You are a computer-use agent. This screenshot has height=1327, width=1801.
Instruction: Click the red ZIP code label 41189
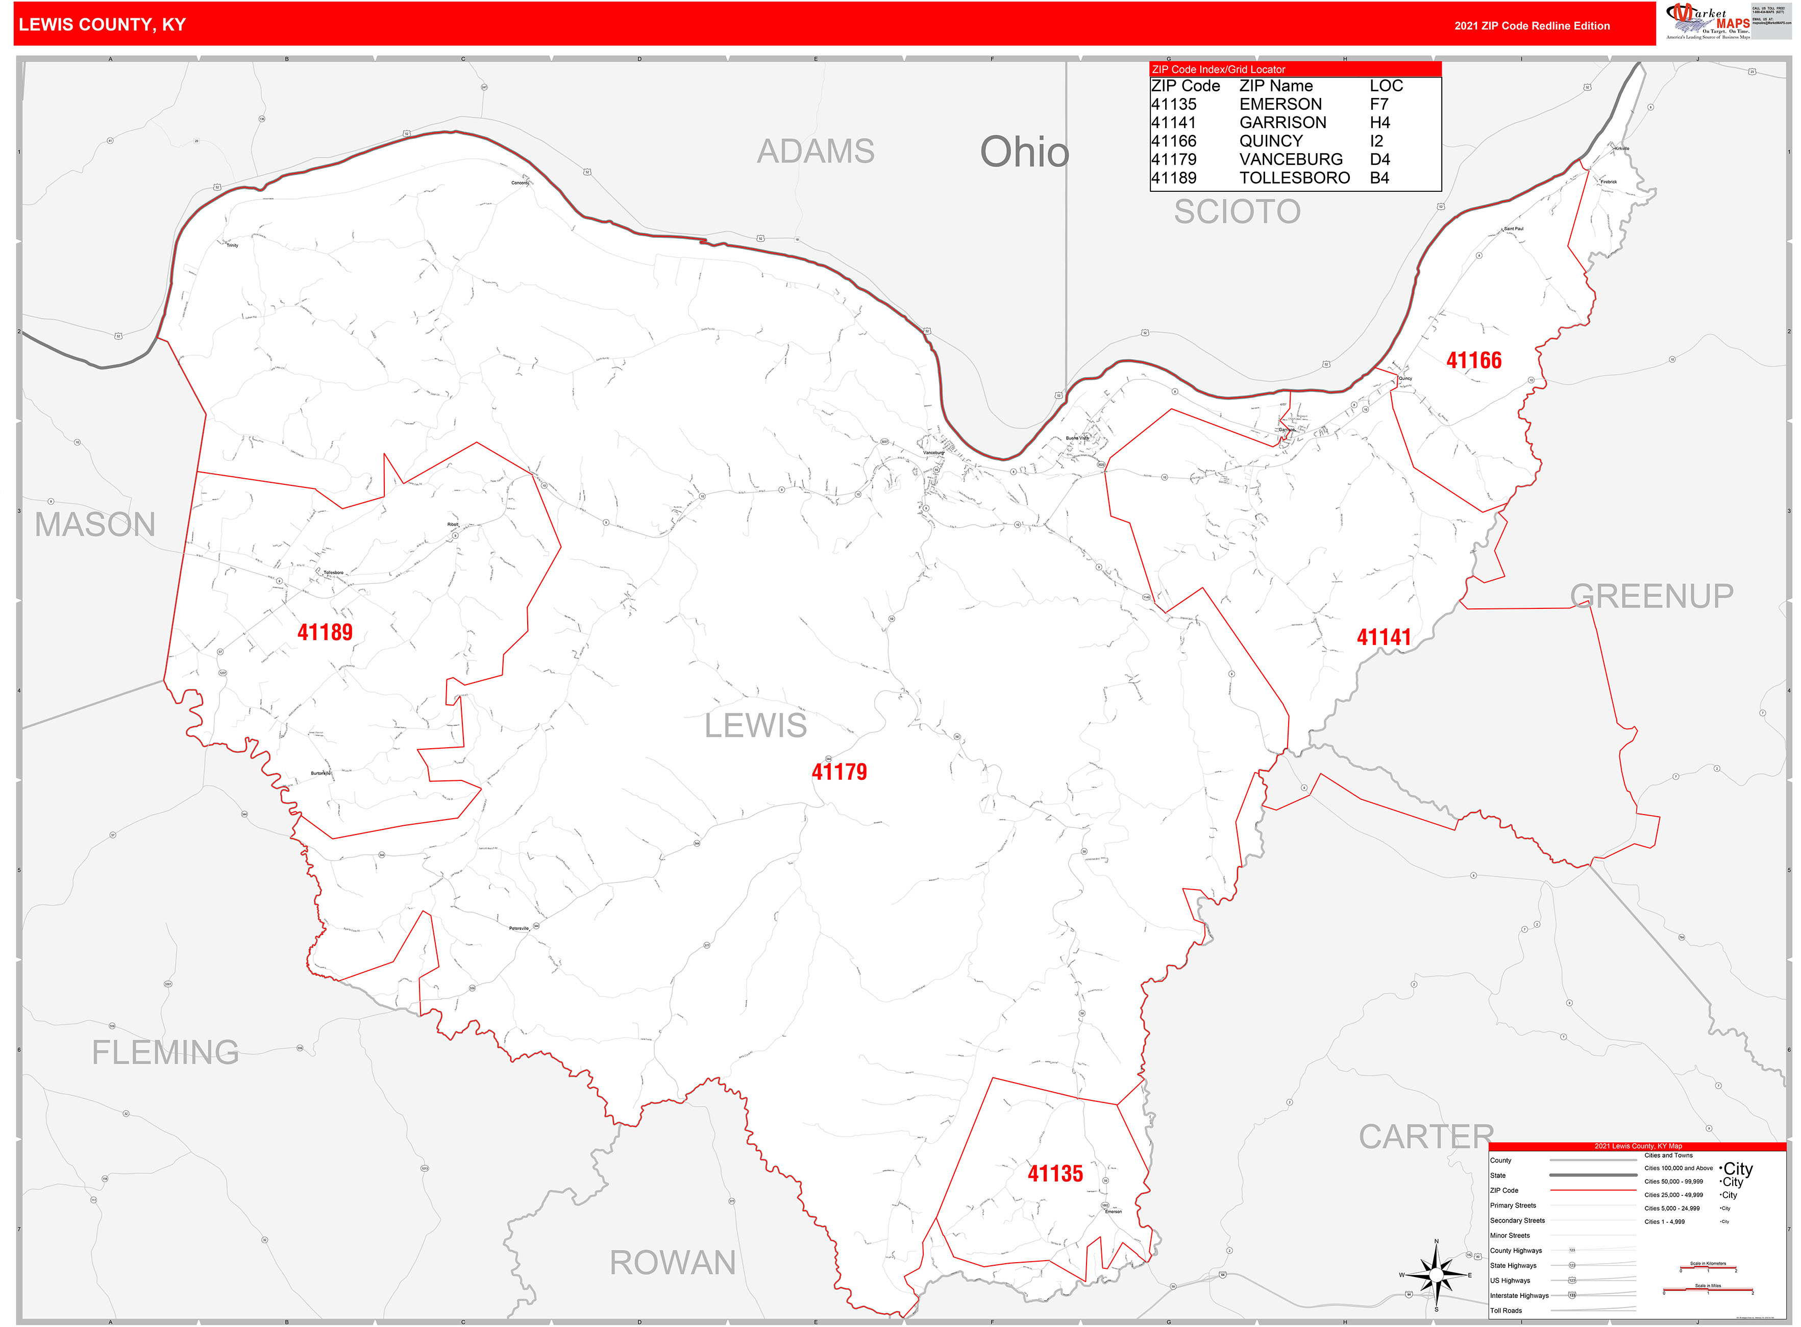[325, 632]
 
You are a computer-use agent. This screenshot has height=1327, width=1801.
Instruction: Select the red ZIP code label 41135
[1055, 1173]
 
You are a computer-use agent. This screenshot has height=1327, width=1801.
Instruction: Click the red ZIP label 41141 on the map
[1383, 637]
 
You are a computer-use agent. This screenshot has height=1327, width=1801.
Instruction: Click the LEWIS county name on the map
[755, 725]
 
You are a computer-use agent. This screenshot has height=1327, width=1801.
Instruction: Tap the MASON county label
[95, 525]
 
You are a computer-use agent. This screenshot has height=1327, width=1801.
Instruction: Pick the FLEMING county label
[165, 1052]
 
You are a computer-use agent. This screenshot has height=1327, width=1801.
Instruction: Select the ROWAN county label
[672, 1263]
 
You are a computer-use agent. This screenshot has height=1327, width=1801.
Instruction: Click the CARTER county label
[1425, 1137]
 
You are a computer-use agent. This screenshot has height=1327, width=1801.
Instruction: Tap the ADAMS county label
[816, 151]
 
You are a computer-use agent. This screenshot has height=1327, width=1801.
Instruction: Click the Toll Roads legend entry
[1506, 1310]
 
